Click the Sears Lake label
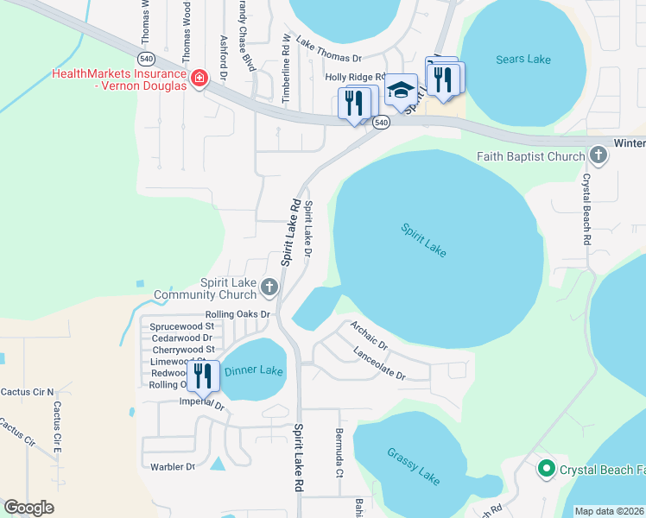tap(523, 60)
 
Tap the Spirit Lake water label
tap(424, 240)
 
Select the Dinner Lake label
tap(253, 371)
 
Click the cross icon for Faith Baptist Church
tap(597, 156)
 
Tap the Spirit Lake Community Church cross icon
tap(269, 286)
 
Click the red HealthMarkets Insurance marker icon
tap(199, 79)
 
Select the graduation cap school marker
tap(401, 90)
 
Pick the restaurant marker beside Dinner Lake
tap(203, 375)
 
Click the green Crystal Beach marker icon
tap(546, 470)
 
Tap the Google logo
tap(28, 508)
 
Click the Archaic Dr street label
tap(370, 336)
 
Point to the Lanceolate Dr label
tap(378, 363)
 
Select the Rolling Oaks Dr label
tap(237, 314)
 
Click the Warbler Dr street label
tap(174, 467)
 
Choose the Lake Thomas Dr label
tap(328, 50)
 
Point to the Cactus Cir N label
tap(26, 392)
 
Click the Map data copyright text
tap(610, 511)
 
